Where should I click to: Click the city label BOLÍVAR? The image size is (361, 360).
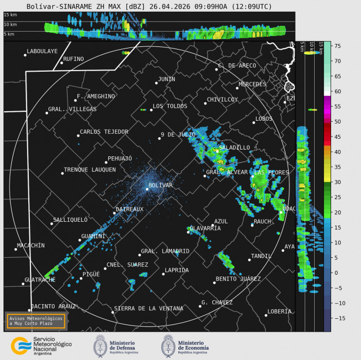160,185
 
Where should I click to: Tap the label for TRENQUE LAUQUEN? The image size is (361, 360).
90,169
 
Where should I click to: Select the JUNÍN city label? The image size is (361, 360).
166,79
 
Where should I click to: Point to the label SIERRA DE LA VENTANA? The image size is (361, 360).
148,309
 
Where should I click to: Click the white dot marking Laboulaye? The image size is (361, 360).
25,55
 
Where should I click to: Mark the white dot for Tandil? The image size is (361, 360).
249,260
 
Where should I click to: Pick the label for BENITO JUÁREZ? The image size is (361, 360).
238,279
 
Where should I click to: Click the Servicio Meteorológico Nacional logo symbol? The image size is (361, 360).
21,345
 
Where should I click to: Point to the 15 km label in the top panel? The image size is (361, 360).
10,15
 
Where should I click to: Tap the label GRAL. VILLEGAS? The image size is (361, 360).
72,109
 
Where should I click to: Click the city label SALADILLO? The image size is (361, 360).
235,147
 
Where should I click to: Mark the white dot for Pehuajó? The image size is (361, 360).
105,163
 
